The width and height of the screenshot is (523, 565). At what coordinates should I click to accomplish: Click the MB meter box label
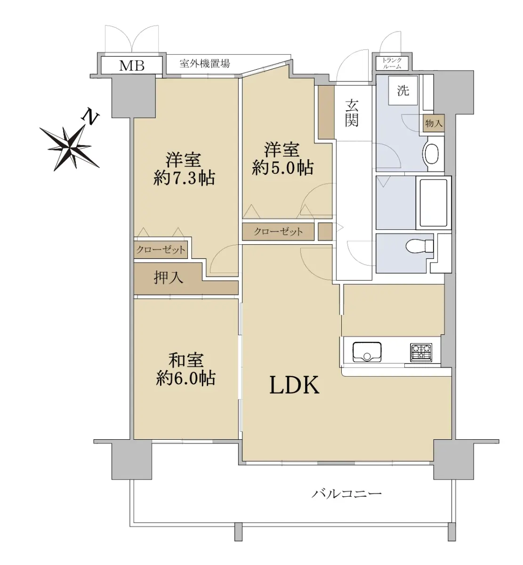point(131,65)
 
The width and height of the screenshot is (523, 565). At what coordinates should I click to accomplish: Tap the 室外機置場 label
point(205,63)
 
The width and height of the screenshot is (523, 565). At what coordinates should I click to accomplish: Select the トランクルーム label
point(392,63)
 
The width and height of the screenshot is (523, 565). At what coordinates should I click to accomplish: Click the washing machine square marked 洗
point(403,90)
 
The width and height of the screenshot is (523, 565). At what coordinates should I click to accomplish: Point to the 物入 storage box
point(434,123)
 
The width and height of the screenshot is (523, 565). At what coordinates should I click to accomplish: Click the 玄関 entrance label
point(352,113)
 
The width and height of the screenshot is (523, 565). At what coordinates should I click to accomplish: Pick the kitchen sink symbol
point(367,352)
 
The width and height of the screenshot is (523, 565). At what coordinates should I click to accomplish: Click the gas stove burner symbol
point(421,352)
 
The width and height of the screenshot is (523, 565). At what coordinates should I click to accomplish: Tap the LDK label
point(294,385)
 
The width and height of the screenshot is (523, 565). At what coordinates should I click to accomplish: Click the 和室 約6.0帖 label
point(186,369)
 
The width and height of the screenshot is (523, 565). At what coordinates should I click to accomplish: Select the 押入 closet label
point(168,277)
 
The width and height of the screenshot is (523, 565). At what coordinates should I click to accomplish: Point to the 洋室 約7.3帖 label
point(184,169)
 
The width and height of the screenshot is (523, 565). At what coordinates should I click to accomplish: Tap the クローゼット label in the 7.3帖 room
point(161,250)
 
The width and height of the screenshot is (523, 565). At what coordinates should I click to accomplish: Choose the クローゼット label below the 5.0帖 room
point(278,232)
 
